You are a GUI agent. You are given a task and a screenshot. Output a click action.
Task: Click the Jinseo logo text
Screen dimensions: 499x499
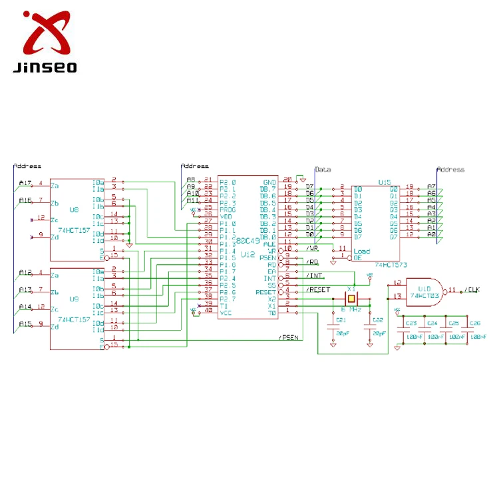(44, 67)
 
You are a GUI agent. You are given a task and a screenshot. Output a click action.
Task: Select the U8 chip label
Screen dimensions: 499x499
(74, 210)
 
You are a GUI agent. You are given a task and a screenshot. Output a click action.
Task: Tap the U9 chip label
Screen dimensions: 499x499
(74, 299)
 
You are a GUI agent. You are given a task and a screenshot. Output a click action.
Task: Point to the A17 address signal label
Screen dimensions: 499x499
(25, 183)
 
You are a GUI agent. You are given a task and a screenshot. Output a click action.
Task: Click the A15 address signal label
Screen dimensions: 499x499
(25, 324)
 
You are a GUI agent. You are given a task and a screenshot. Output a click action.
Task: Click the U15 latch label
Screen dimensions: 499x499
(384, 182)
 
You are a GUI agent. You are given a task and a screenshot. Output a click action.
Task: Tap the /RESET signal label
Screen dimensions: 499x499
(318, 289)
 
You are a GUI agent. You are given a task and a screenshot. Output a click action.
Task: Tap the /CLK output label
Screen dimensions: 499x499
(472, 290)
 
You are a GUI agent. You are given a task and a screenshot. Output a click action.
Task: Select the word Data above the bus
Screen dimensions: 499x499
(323, 170)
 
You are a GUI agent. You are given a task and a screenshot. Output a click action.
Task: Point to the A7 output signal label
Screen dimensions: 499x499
(431, 187)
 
